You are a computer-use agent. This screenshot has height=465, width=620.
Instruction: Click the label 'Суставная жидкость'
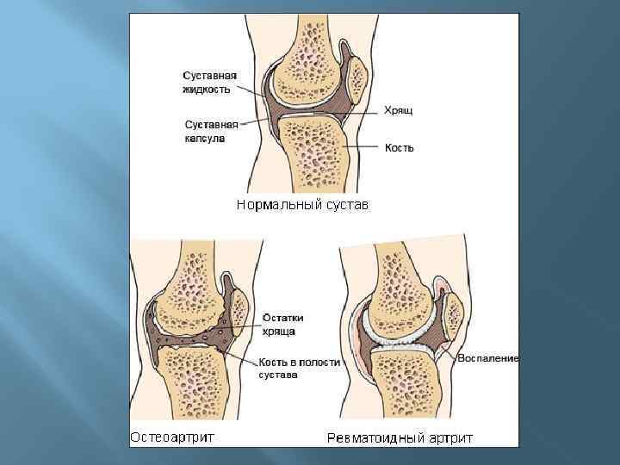pyautogui.click(x=208, y=83)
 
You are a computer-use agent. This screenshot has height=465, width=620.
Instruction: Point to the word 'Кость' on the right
pyautogui.click(x=399, y=148)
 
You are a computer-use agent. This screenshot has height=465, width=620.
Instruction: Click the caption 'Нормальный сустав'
pyautogui.click(x=301, y=205)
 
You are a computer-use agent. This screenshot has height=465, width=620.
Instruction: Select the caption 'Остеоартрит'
pyautogui.click(x=172, y=437)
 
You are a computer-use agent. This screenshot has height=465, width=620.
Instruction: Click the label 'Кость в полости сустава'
pyautogui.click(x=297, y=369)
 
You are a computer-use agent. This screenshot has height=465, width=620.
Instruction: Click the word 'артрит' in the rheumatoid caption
pyautogui.click(x=450, y=438)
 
